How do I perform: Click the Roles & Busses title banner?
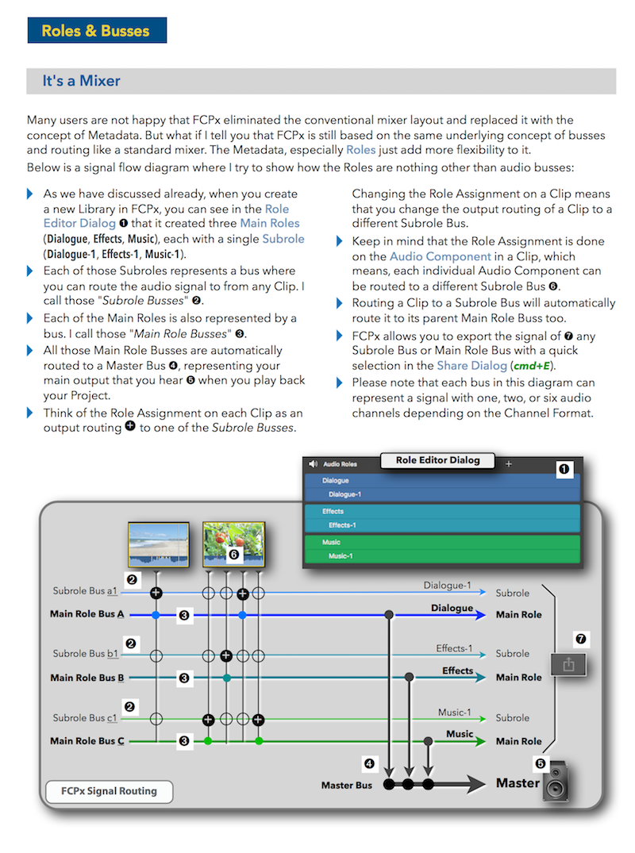pyautogui.click(x=96, y=31)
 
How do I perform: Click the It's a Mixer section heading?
pyautogui.click(x=83, y=81)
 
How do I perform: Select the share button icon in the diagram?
pyautogui.click(x=568, y=665)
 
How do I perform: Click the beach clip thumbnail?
pyautogui.click(x=159, y=544)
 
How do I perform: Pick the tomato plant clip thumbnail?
pyautogui.click(x=233, y=544)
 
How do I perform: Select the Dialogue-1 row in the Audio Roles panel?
pyautogui.click(x=442, y=494)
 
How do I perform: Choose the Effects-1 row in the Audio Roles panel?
pyautogui.click(x=442, y=525)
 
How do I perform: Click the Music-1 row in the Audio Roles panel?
pyautogui.click(x=442, y=556)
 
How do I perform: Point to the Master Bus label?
pyautogui.click(x=346, y=786)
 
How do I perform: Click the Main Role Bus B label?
pyautogui.click(x=87, y=678)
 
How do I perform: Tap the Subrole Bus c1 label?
pyautogui.click(x=85, y=718)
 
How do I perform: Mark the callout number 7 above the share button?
pyautogui.click(x=581, y=638)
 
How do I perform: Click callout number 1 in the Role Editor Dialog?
pyautogui.click(x=564, y=470)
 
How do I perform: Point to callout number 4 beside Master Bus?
pyautogui.click(x=369, y=764)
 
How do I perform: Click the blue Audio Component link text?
pyautogui.click(x=441, y=256)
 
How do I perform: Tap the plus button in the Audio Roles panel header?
pyautogui.click(x=509, y=463)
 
